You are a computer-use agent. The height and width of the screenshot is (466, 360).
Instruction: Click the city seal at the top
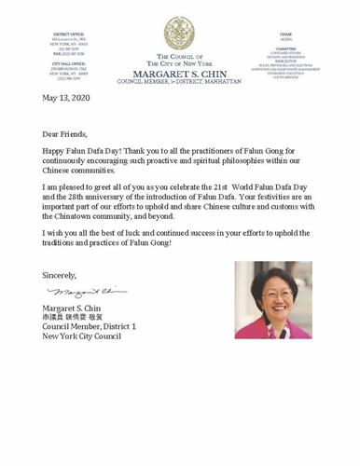tap(179, 33)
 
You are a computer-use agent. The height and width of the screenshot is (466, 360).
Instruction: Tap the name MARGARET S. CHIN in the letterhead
tap(179, 73)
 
